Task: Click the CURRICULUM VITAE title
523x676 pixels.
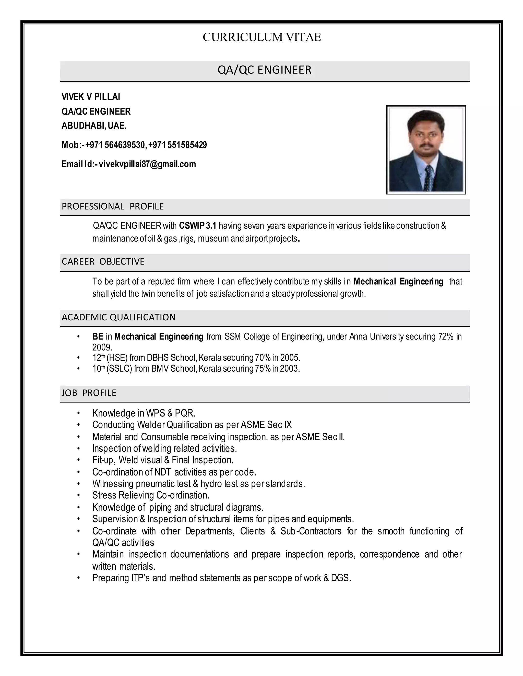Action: (261, 37)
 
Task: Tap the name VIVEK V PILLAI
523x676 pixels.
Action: (91, 97)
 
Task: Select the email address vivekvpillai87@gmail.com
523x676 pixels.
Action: (147, 164)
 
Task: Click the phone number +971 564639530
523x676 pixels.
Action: (115, 145)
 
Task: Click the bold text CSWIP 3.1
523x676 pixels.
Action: (197, 226)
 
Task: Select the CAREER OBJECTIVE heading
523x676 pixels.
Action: (103, 261)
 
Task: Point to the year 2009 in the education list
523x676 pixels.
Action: (102, 347)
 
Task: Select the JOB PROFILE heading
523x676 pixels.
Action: (89, 393)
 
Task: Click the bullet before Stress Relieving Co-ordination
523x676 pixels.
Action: (79, 496)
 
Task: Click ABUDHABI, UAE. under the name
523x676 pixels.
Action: (94, 126)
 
